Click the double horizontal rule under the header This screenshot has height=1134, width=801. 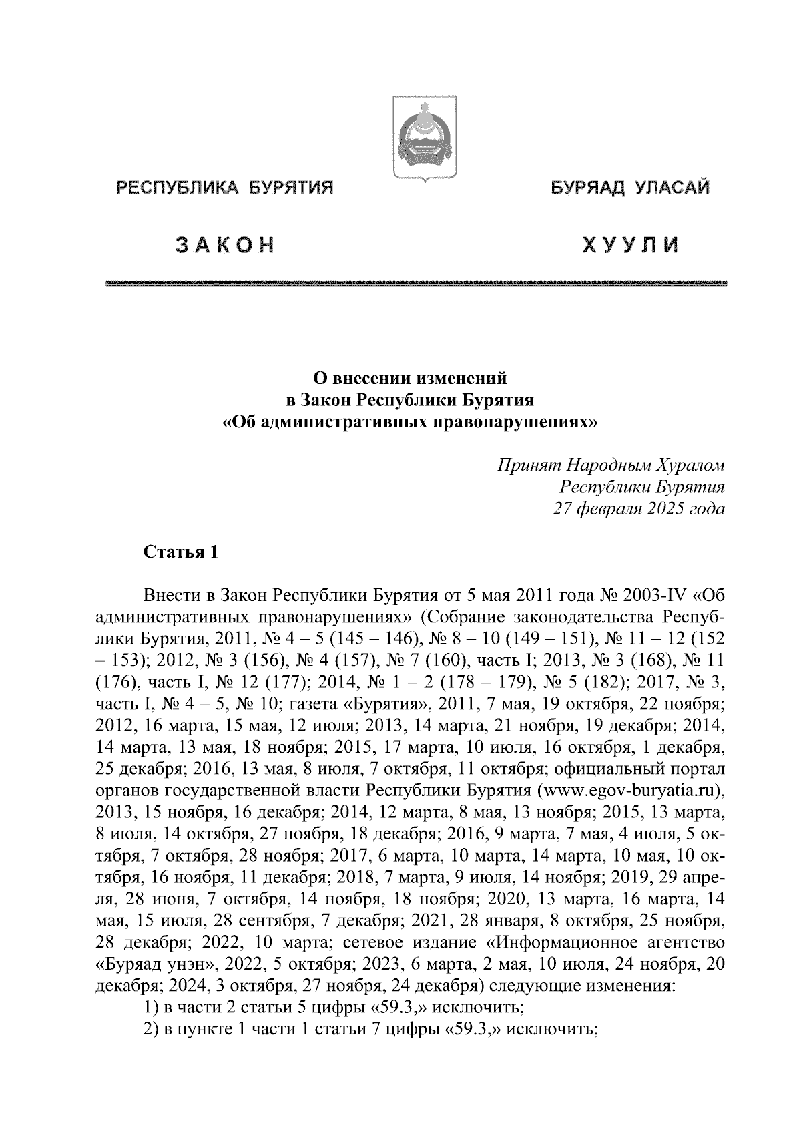(416, 285)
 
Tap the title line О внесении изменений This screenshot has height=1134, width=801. (411, 379)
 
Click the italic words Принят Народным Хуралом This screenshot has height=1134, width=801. (610, 465)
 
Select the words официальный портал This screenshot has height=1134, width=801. (640, 769)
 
